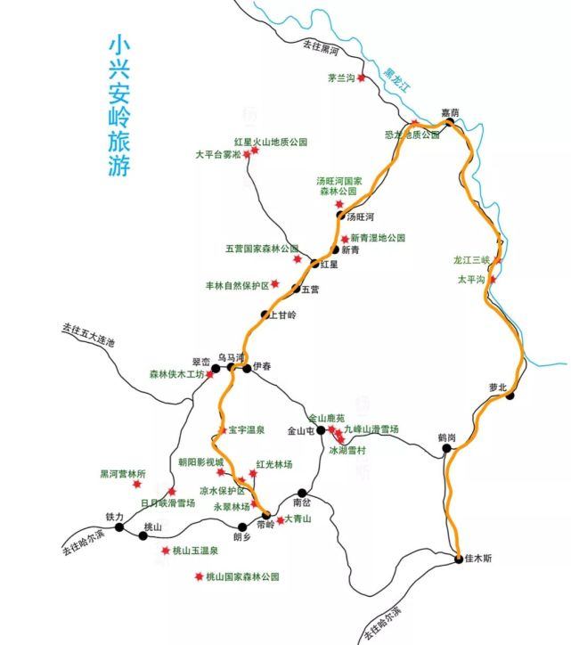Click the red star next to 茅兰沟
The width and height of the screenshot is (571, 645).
363,78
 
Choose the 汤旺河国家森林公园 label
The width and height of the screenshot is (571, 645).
339,185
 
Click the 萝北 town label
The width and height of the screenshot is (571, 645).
497,387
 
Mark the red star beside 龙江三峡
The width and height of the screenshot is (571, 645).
498,260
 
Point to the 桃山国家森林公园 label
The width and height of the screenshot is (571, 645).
242,577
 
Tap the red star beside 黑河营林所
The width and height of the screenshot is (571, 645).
137,484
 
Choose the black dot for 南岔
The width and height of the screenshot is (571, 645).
303,492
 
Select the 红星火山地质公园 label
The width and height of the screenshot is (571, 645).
270,142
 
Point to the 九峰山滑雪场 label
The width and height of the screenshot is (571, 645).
371,429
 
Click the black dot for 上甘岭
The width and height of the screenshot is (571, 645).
265,314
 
